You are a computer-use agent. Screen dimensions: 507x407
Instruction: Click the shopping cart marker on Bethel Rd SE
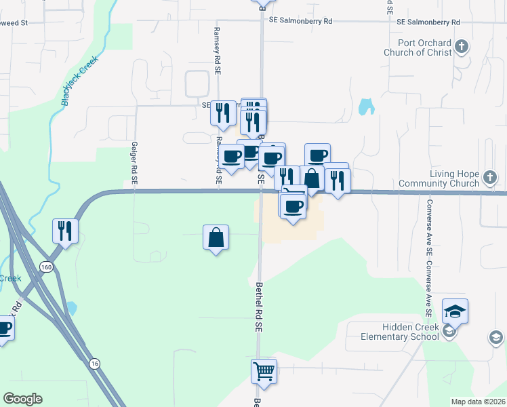(264, 371)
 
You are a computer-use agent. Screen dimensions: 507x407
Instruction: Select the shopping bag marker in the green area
(216, 237)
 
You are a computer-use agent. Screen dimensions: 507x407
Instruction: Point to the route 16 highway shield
(94, 364)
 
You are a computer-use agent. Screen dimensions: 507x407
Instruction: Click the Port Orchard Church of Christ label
(418, 47)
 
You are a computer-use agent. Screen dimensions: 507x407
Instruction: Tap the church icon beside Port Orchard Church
(462, 47)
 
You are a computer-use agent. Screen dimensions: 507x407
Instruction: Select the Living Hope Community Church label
(439, 178)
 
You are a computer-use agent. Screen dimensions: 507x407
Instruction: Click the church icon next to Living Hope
(491, 178)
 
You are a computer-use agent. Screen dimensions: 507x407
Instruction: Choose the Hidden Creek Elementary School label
(401, 332)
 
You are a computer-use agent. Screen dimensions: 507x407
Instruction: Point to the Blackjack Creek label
(80, 80)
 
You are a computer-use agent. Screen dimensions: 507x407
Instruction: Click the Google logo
(22, 399)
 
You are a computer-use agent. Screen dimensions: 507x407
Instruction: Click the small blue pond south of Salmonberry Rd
(366, 106)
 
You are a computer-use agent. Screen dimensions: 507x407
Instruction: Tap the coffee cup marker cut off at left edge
(4, 329)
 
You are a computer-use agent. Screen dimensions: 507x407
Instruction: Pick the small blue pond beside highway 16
(70, 309)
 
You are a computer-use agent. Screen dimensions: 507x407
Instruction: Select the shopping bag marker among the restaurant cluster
(312, 178)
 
